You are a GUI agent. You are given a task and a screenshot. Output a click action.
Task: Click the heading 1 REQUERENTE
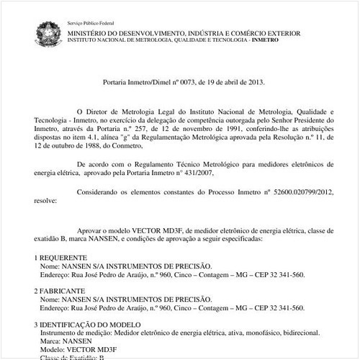(x=61, y=257)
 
